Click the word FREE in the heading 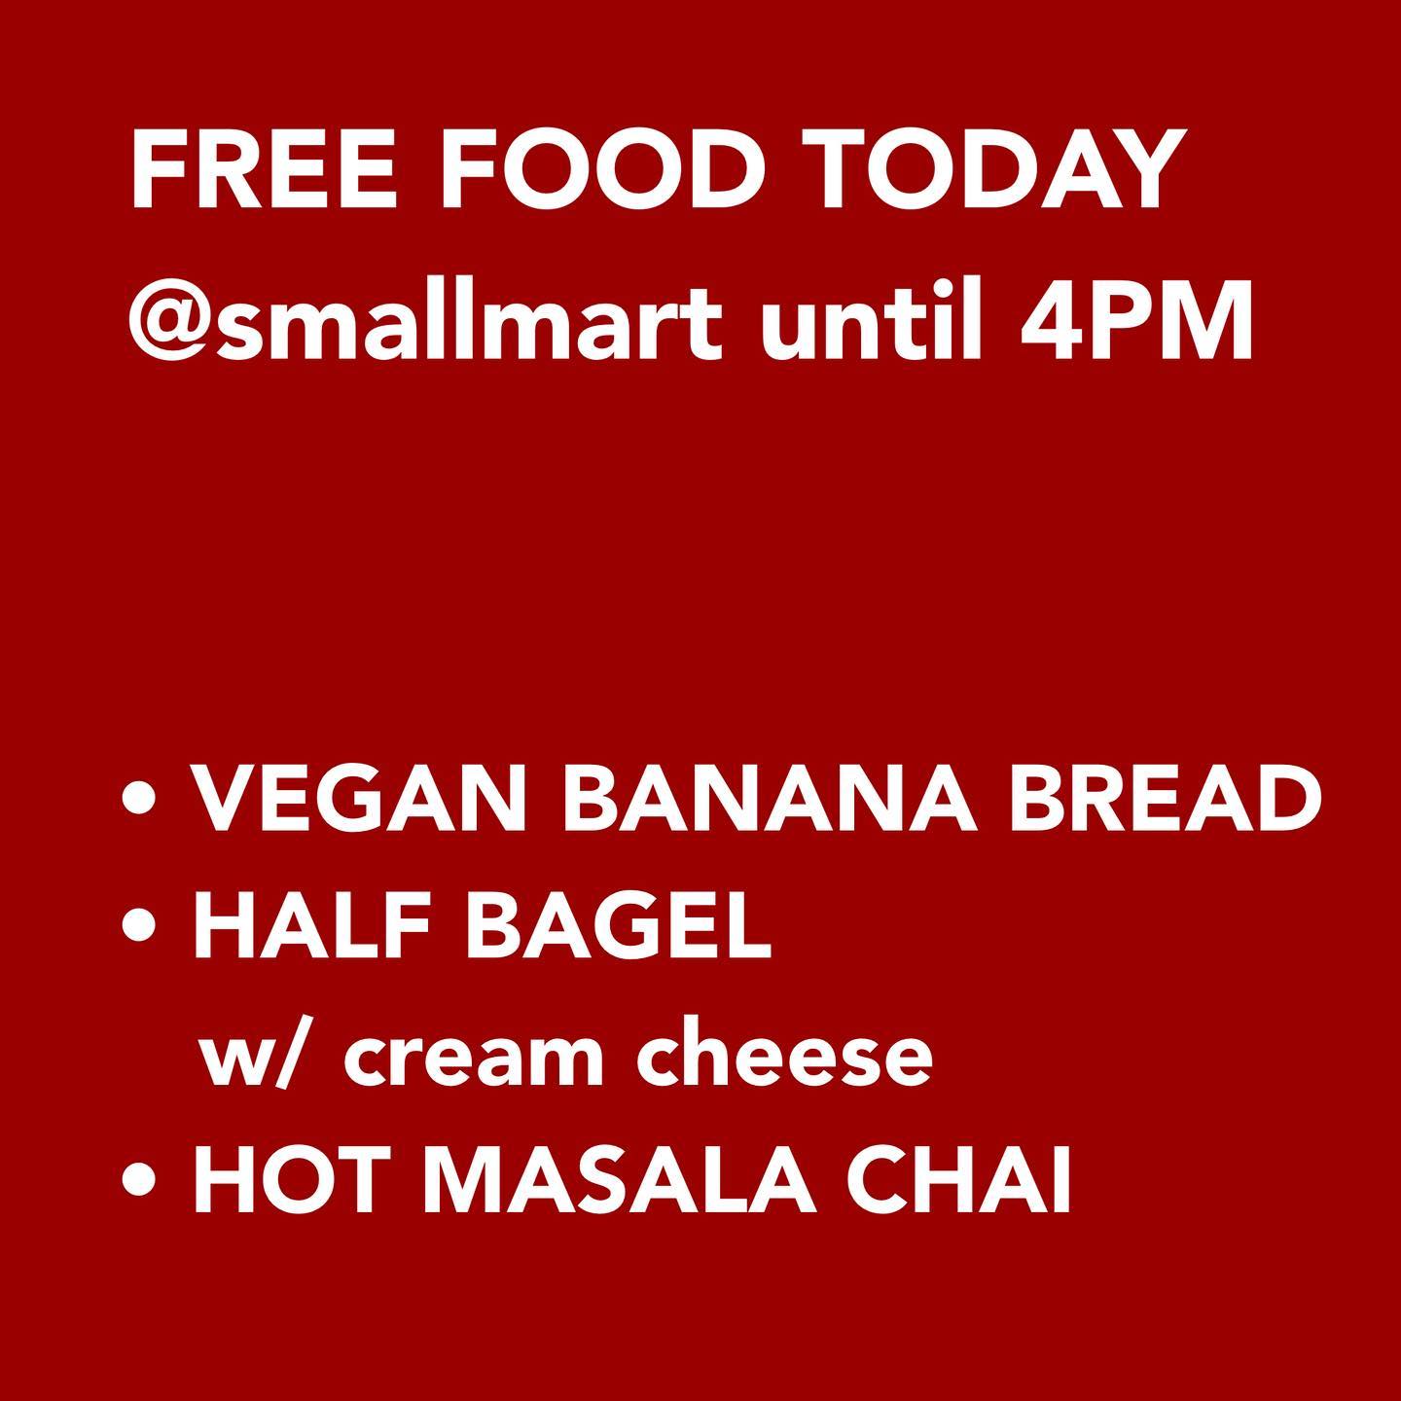pyautogui.click(x=264, y=171)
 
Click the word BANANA pyautogui.click(x=770, y=799)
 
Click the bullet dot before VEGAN pyautogui.click(x=139, y=799)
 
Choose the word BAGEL pyautogui.click(x=618, y=924)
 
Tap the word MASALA pyautogui.click(x=627, y=1178)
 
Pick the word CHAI pyautogui.click(x=958, y=1178)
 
